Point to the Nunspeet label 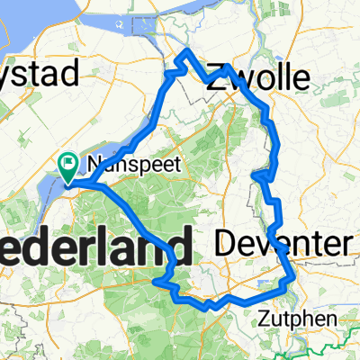tap(123, 165)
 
